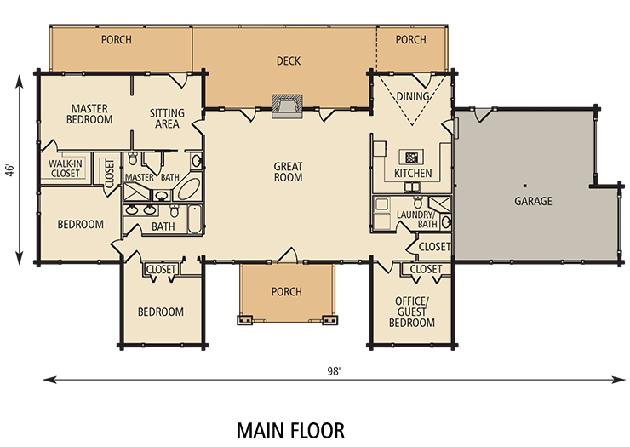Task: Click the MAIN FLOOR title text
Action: click(290, 427)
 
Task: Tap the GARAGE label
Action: click(533, 202)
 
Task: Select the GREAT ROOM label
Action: click(289, 172)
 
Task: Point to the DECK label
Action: click(289, 61)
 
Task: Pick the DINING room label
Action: click(413, 97)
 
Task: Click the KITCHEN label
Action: click(413, 174)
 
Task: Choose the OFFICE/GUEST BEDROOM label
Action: click(412, 312)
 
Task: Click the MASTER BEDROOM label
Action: click(89, 114)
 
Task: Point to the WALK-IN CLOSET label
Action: click(65, 168)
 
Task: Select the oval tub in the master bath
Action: click(191, 189)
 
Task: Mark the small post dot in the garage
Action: click(526, 185)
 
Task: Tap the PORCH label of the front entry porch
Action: click(287, 292)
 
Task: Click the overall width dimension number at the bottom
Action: click(333, 372)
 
